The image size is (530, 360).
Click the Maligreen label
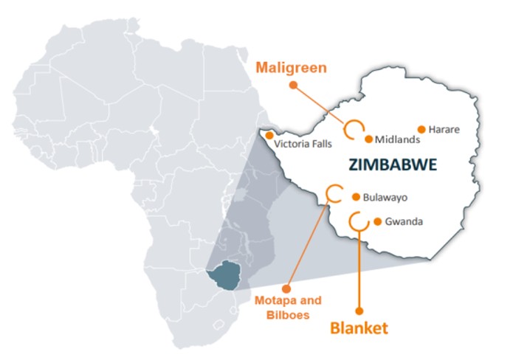tap(291, 68)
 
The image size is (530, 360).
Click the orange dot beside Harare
tap(422, 129)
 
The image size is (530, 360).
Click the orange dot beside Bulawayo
tap(357, 197)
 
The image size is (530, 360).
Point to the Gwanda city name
tap(404, 221)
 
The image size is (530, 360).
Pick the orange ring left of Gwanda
tap(357, 220)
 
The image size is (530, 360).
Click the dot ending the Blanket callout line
tap(359, 311)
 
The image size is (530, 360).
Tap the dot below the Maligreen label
tap(293, 85)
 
